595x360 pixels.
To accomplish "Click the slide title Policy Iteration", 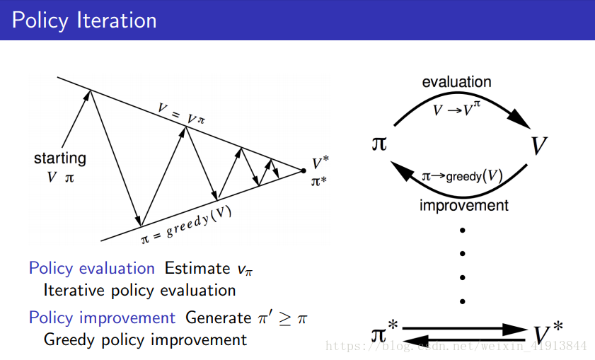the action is click(x=84, y=20).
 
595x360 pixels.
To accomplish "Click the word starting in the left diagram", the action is click(x=60, y=158).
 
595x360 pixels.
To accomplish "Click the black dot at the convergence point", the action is click(x=304, y=170).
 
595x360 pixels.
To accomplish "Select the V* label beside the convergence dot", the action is click(x=319, y=164).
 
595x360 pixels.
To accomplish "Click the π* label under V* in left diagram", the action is click(x=319, y=181).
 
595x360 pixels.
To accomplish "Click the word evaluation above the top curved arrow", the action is click(x=456, y=82).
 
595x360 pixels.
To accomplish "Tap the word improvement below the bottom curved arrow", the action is click(x=463, y=206).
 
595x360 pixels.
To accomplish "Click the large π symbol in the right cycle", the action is click(x=379, y=144).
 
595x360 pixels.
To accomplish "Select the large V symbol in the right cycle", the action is click(x=539, y=146).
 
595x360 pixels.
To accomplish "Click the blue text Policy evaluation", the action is click(x=91, y=268).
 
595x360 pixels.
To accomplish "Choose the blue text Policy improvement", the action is click(x=102, y=318).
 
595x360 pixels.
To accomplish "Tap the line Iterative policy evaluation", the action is click(x=139, y=290).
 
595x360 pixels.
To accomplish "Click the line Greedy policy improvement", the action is click(x=145, y=339).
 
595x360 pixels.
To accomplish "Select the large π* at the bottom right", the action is click(x=385, y=332).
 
